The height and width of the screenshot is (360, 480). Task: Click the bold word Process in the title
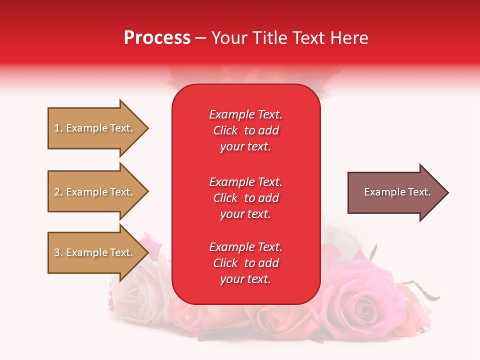157,38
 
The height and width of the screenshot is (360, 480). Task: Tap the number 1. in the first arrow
58,128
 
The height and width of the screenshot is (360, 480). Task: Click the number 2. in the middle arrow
58,192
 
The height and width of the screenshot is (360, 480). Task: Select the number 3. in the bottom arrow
58,252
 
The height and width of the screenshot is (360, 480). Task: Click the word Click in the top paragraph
225,130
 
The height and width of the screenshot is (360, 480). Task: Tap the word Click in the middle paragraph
225,198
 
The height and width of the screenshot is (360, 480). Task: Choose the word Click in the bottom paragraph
225,263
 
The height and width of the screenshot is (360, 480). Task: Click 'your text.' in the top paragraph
245,146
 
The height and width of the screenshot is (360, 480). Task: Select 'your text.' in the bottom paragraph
245,279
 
